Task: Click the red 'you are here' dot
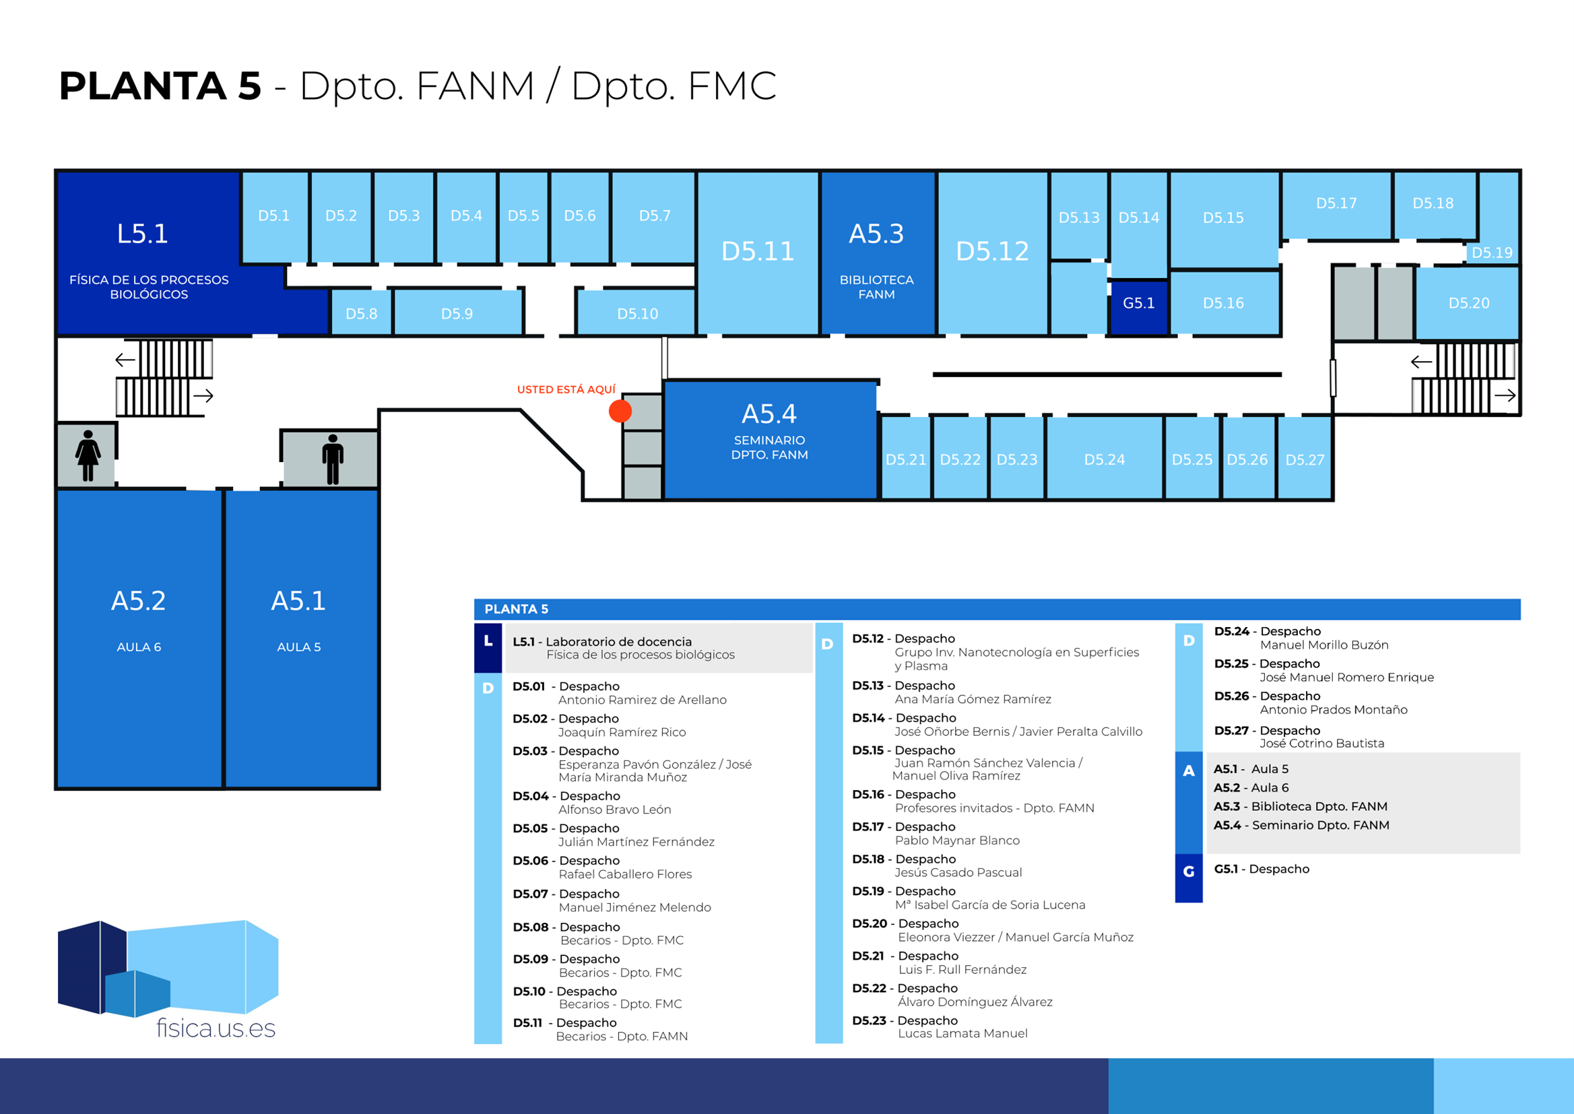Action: pos(620,411)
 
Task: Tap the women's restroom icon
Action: pos(88,455)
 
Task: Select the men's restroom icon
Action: pos(333,459)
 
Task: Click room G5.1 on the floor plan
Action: pos(1138,303)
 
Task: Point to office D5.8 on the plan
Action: pos(362,313)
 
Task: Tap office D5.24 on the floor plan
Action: pos(1104,459)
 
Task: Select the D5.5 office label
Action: pos(523,216)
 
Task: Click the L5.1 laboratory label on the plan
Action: pos(143,234)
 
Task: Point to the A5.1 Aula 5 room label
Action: pos(298,601)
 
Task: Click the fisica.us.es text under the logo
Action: pos(216,1028)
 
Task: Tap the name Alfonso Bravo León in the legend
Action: pos(614,810)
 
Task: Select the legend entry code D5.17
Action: pos(867,826)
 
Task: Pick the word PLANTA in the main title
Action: pos(143,86)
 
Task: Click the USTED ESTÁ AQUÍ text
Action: pos(566,389)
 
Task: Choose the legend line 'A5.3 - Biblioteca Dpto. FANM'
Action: pos(1301,807)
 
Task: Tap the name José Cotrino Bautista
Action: pos(1321,743)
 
